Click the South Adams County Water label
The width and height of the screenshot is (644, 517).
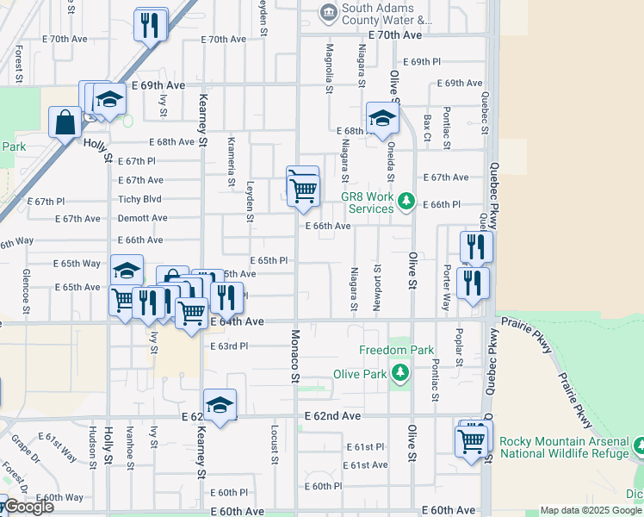pos(387,14)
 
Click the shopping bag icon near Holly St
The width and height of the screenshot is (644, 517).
pos(65,123)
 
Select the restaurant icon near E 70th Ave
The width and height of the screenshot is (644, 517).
pos(152,24)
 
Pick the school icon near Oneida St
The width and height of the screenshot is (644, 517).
pos(381,119)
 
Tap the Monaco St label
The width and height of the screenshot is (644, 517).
pos(294,355)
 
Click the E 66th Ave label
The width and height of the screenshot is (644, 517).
pos(327,226)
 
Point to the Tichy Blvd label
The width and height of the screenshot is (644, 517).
pos(141,198)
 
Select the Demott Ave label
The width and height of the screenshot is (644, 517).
pos(142,219)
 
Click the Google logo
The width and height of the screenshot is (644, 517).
pos(28,507)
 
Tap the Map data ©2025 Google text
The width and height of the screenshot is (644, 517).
pos(591,510)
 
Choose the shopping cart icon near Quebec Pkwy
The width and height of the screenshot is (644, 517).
pos(471,441)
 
